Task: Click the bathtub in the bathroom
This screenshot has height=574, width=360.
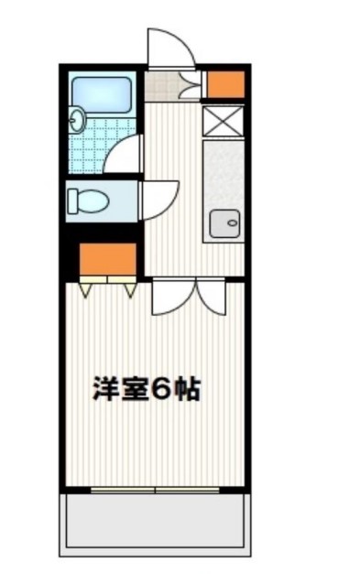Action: (x=103, y=92)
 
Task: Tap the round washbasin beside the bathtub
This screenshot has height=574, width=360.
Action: (x=77, y=119)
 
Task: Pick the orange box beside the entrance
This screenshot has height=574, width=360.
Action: (x=224, y=83)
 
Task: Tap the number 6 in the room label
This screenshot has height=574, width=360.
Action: (x=162, y=390)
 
